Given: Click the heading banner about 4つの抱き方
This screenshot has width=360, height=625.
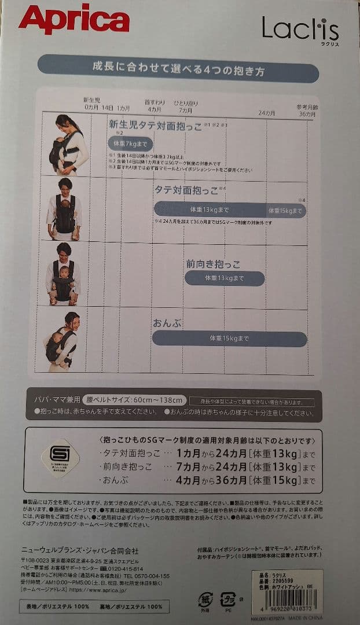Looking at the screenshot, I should [x=178, y=72].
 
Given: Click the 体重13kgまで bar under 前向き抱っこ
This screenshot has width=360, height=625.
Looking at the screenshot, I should [x=225, y=278].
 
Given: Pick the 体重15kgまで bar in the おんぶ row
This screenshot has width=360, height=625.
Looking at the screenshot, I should [x=229, y=339].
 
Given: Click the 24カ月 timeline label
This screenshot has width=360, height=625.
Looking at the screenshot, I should [x=267, y=112].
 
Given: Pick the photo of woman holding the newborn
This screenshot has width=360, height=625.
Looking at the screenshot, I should [x=67, y=145].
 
